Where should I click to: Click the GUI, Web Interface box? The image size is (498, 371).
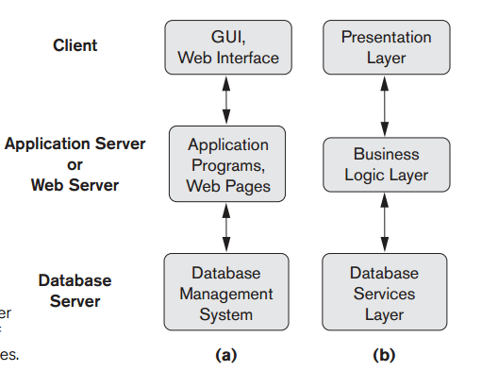(228, 47)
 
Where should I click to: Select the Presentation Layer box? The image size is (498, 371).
(385, 47)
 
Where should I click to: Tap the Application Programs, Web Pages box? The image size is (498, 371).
(228, 165)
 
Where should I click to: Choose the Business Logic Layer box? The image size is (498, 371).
(385, 163)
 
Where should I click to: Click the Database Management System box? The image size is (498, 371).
(226, 294)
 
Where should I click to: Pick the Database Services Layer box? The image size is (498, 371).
(385, 294)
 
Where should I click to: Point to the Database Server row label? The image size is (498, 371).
(75, 291)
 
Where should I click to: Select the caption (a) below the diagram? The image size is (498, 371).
(226, 355)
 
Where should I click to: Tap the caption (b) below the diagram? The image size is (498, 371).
(385, 355)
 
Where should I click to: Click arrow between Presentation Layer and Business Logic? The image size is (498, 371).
(385, 107)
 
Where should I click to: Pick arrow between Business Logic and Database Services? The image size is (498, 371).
(385, 223)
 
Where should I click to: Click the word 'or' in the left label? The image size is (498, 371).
(75, 164)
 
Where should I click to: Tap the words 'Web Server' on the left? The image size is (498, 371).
(75, 185)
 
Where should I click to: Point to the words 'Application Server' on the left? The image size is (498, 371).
(75, 143)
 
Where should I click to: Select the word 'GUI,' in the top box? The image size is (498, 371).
(228, 37)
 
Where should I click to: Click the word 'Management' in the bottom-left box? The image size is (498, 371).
(226, 294)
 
